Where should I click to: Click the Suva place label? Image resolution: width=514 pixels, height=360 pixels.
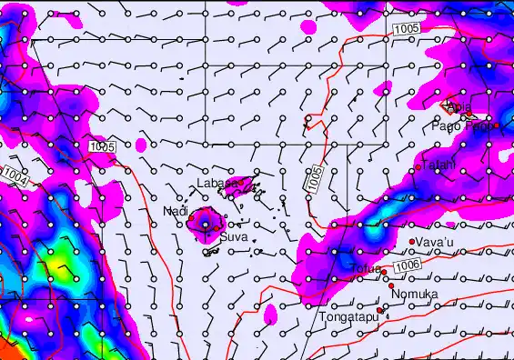point(234,238)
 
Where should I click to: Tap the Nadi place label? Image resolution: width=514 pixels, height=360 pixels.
point(175,212)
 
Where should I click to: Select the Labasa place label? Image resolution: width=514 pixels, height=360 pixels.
point(215,185)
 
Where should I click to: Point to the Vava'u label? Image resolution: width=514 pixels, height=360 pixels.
point(434,242)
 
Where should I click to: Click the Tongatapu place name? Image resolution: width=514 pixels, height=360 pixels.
point(348,318)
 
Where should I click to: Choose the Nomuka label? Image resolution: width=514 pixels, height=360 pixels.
point(414,295)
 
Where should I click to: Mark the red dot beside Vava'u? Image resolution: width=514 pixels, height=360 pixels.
point(412,241)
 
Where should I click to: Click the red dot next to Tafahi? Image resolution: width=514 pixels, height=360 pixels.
point(418,167)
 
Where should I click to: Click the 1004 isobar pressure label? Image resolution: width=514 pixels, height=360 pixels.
point(15,173)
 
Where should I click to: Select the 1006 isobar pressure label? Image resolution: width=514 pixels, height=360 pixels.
point(408,264)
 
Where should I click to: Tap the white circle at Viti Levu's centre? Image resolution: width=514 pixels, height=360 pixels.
point(206,223)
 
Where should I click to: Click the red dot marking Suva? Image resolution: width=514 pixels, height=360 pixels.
point(217,229)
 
